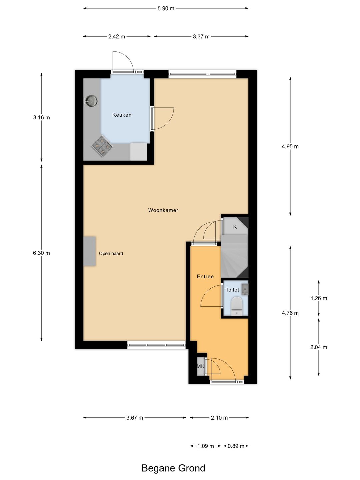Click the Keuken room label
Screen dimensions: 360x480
pos(122,115)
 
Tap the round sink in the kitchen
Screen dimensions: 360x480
pos(91,101)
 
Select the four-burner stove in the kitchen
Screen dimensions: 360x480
pos(102,146)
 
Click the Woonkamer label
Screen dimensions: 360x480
pos(163,210)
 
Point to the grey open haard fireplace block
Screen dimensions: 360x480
pos(90,251)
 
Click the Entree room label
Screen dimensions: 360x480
pos(205,276)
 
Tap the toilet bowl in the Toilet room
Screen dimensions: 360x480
pos(237,306)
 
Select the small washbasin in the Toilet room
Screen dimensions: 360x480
pos(245,289)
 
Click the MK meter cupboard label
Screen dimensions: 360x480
pos(200,366)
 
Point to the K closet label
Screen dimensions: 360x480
pos(235,227)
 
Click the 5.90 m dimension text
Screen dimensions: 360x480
pos(166,9)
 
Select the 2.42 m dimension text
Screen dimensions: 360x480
pos(117,37)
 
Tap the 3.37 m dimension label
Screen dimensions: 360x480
pos(201,37)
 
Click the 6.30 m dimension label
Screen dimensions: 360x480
pos(41,253)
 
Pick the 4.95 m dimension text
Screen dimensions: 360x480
pos(290,147)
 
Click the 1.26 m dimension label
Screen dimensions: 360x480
pos(319,298)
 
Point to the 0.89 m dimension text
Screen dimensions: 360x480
pos(236,446)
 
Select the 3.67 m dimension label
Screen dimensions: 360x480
pos(135,418)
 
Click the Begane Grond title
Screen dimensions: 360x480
pos(173,468)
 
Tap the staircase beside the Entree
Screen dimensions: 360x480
pos(235,256)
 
